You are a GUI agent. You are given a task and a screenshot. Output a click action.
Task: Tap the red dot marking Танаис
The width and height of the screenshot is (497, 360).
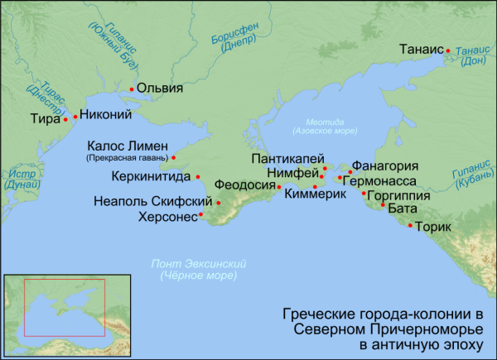(x=448, y=50)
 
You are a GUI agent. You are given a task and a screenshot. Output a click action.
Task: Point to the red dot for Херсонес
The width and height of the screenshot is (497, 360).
(x=200, y=218)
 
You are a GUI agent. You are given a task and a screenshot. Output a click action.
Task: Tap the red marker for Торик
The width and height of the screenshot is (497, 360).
(x=410, y=225)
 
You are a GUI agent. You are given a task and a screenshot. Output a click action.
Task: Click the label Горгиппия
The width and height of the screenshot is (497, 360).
(x=398, y=196)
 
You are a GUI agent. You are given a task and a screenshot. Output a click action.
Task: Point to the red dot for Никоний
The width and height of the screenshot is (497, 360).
(x=75, y=117)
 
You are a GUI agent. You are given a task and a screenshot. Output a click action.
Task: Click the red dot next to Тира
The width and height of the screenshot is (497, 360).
(x=65, y=119)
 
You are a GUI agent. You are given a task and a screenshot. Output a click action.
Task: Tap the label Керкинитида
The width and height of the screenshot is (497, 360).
(x=150, y=176)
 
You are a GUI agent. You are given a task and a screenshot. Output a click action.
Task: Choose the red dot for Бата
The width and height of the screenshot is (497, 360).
(x=383, y=204)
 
